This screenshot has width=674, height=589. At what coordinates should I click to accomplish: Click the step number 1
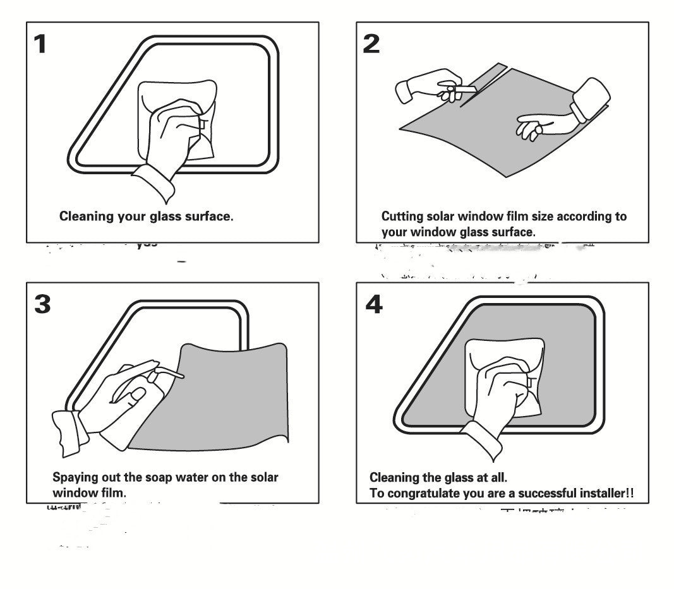40,45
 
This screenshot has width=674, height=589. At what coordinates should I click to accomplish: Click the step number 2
371,44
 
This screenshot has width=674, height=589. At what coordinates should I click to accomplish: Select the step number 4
374,304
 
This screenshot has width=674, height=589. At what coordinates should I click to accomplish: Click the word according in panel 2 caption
571,217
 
